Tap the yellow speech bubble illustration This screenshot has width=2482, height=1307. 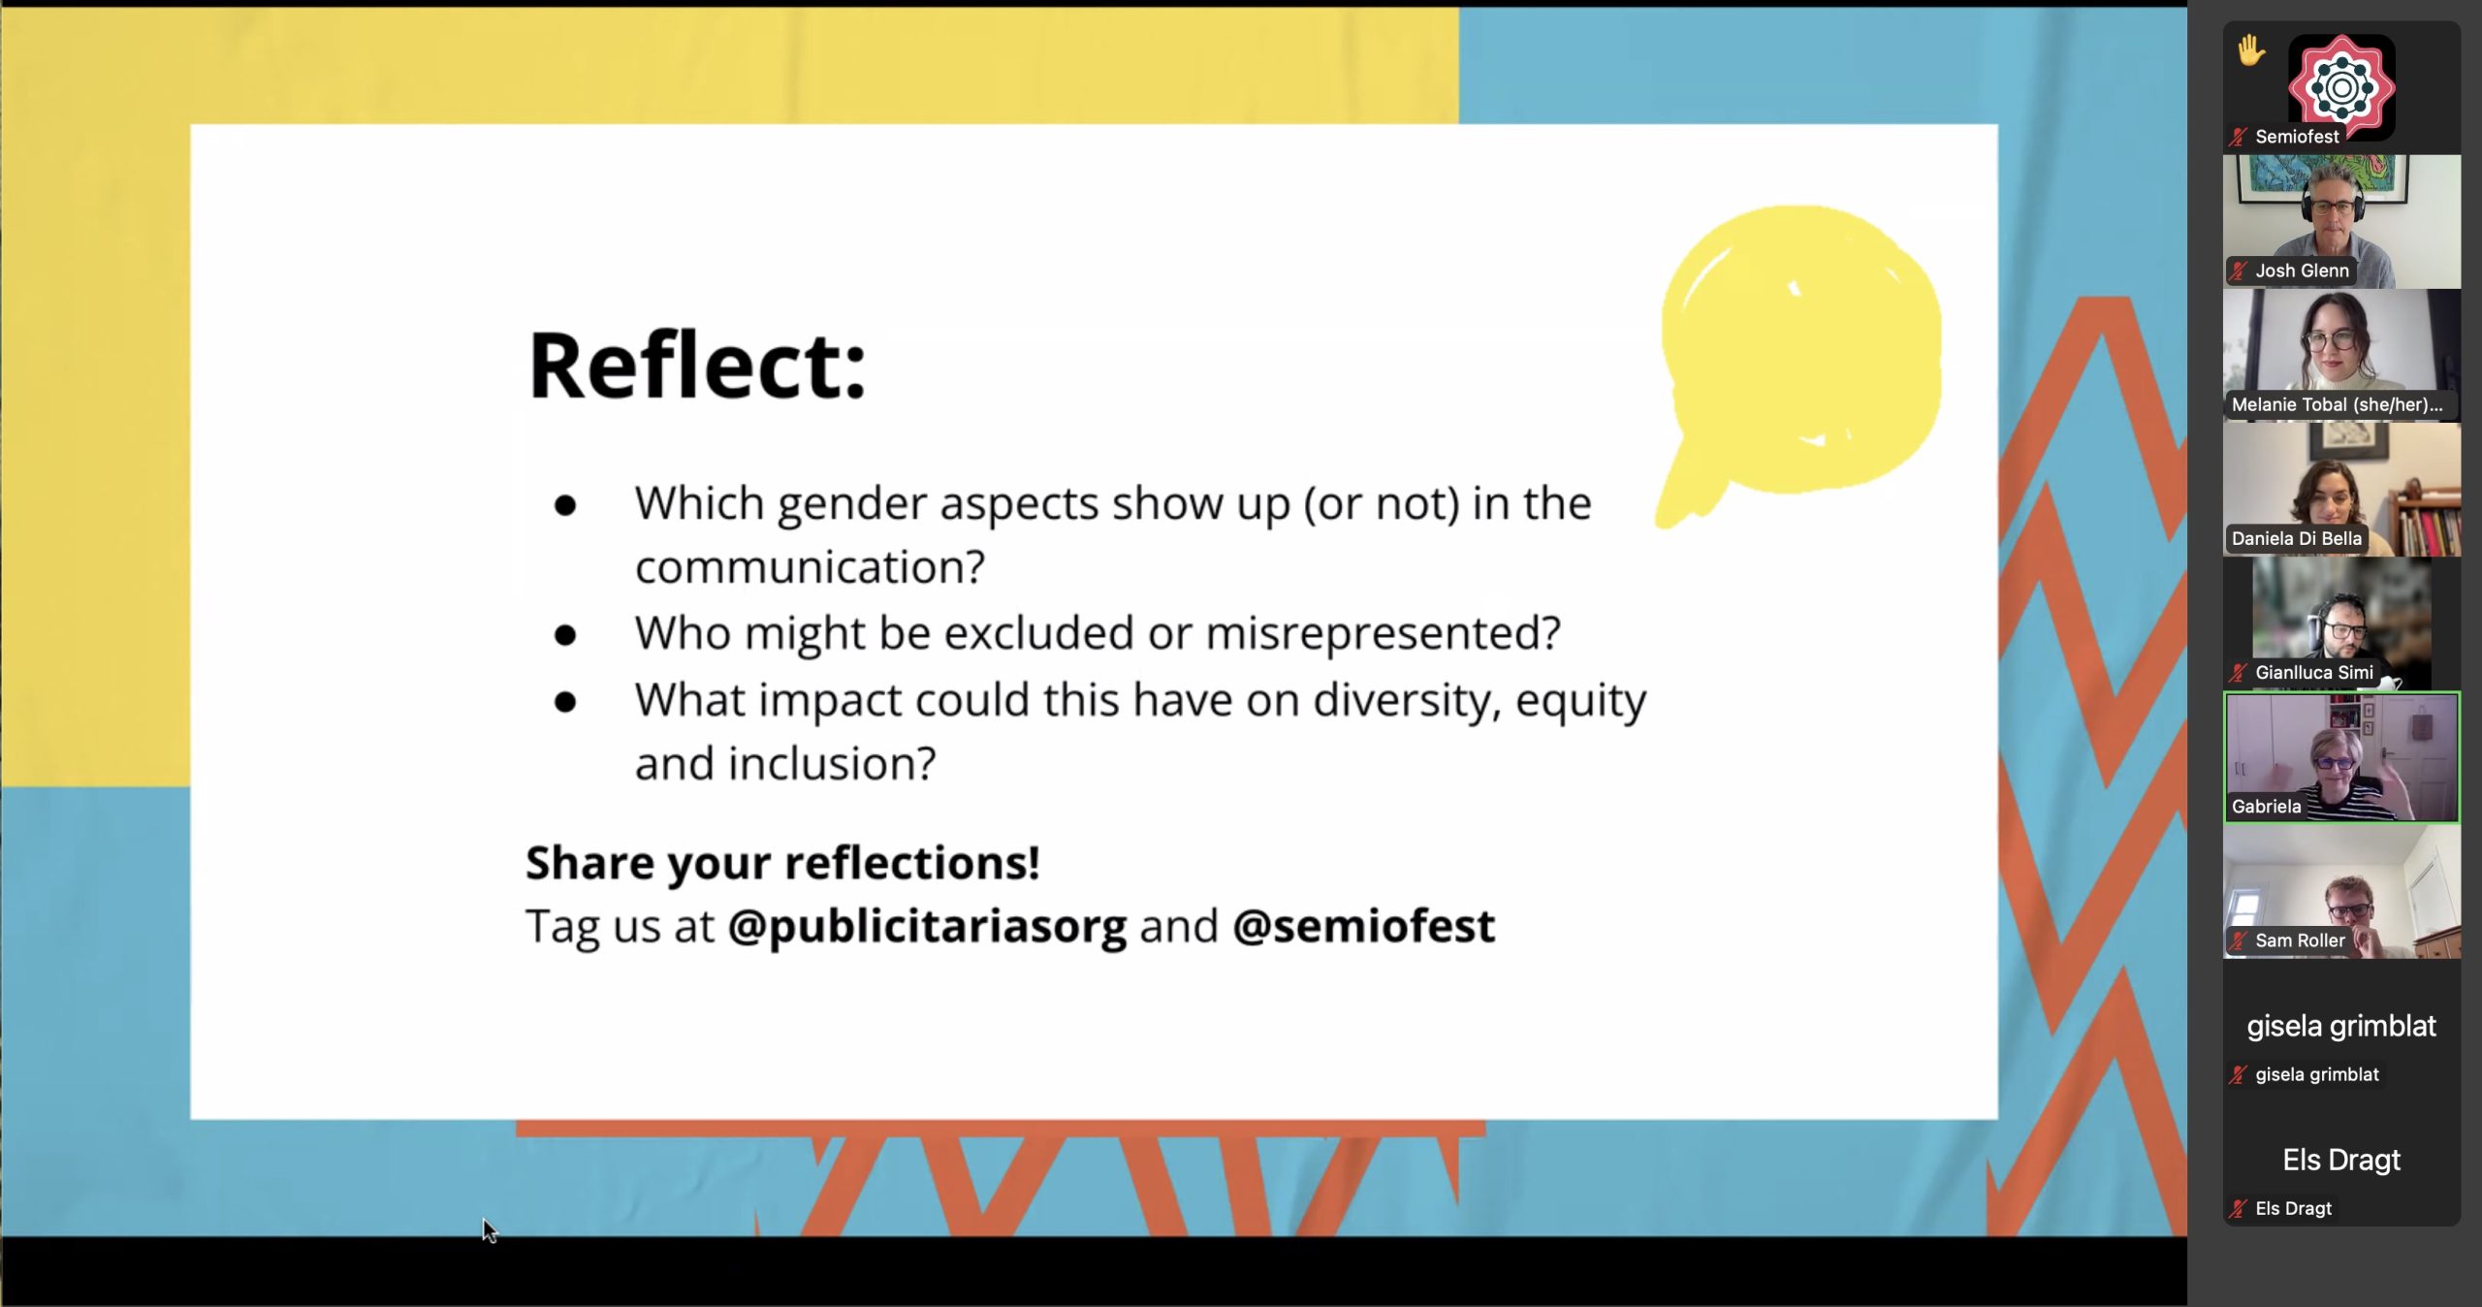(1799, 359)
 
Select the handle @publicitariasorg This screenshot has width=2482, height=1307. (927, 927)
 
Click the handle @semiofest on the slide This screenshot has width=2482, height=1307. (1363, 925)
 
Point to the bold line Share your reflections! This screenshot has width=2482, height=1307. (782, 862)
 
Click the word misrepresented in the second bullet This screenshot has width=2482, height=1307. (1383, 633)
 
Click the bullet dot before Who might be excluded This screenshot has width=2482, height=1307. (564, 635)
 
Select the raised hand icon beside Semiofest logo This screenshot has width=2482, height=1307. (2251, 49)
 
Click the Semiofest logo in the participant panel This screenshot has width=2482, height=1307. (2341, 87)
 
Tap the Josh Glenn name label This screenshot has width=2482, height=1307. (2301, 271)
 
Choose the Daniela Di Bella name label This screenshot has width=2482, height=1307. (2296, 539)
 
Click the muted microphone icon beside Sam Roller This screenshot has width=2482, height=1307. (2238, 940)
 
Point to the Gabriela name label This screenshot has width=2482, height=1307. (2266, 807)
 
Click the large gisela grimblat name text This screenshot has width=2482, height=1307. (2340, 1026)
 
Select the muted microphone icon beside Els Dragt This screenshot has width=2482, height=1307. (2238, 1209)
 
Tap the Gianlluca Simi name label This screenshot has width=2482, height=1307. (2313, 673)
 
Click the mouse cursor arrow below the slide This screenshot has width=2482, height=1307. (489, 1230)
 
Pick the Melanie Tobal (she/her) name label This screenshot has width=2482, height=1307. (2337, 405)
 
